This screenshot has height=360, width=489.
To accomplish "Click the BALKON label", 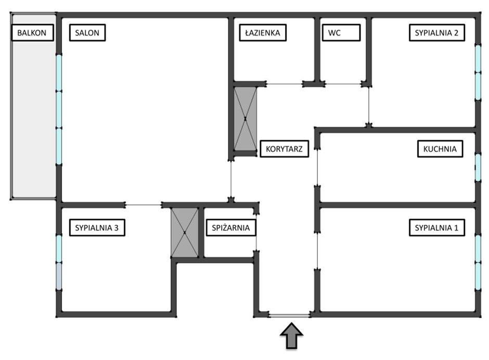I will tap(32, 33).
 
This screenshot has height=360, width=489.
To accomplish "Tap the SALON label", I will tap(87, 33).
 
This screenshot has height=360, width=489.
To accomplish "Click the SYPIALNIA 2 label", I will tap(436, 33).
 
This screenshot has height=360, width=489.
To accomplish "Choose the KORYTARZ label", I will tap(284, 149).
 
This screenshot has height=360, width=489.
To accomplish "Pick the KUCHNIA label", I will tap(440, 149).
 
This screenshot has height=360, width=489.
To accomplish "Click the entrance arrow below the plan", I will tap(292, 336).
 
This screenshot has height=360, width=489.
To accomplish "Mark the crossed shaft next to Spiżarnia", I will tap(185, 232).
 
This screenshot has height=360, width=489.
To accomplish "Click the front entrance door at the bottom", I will tap(289, 315).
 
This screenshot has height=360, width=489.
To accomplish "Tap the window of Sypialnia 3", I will tap(59, 263).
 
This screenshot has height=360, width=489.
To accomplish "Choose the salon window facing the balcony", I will tap(59, 109).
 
